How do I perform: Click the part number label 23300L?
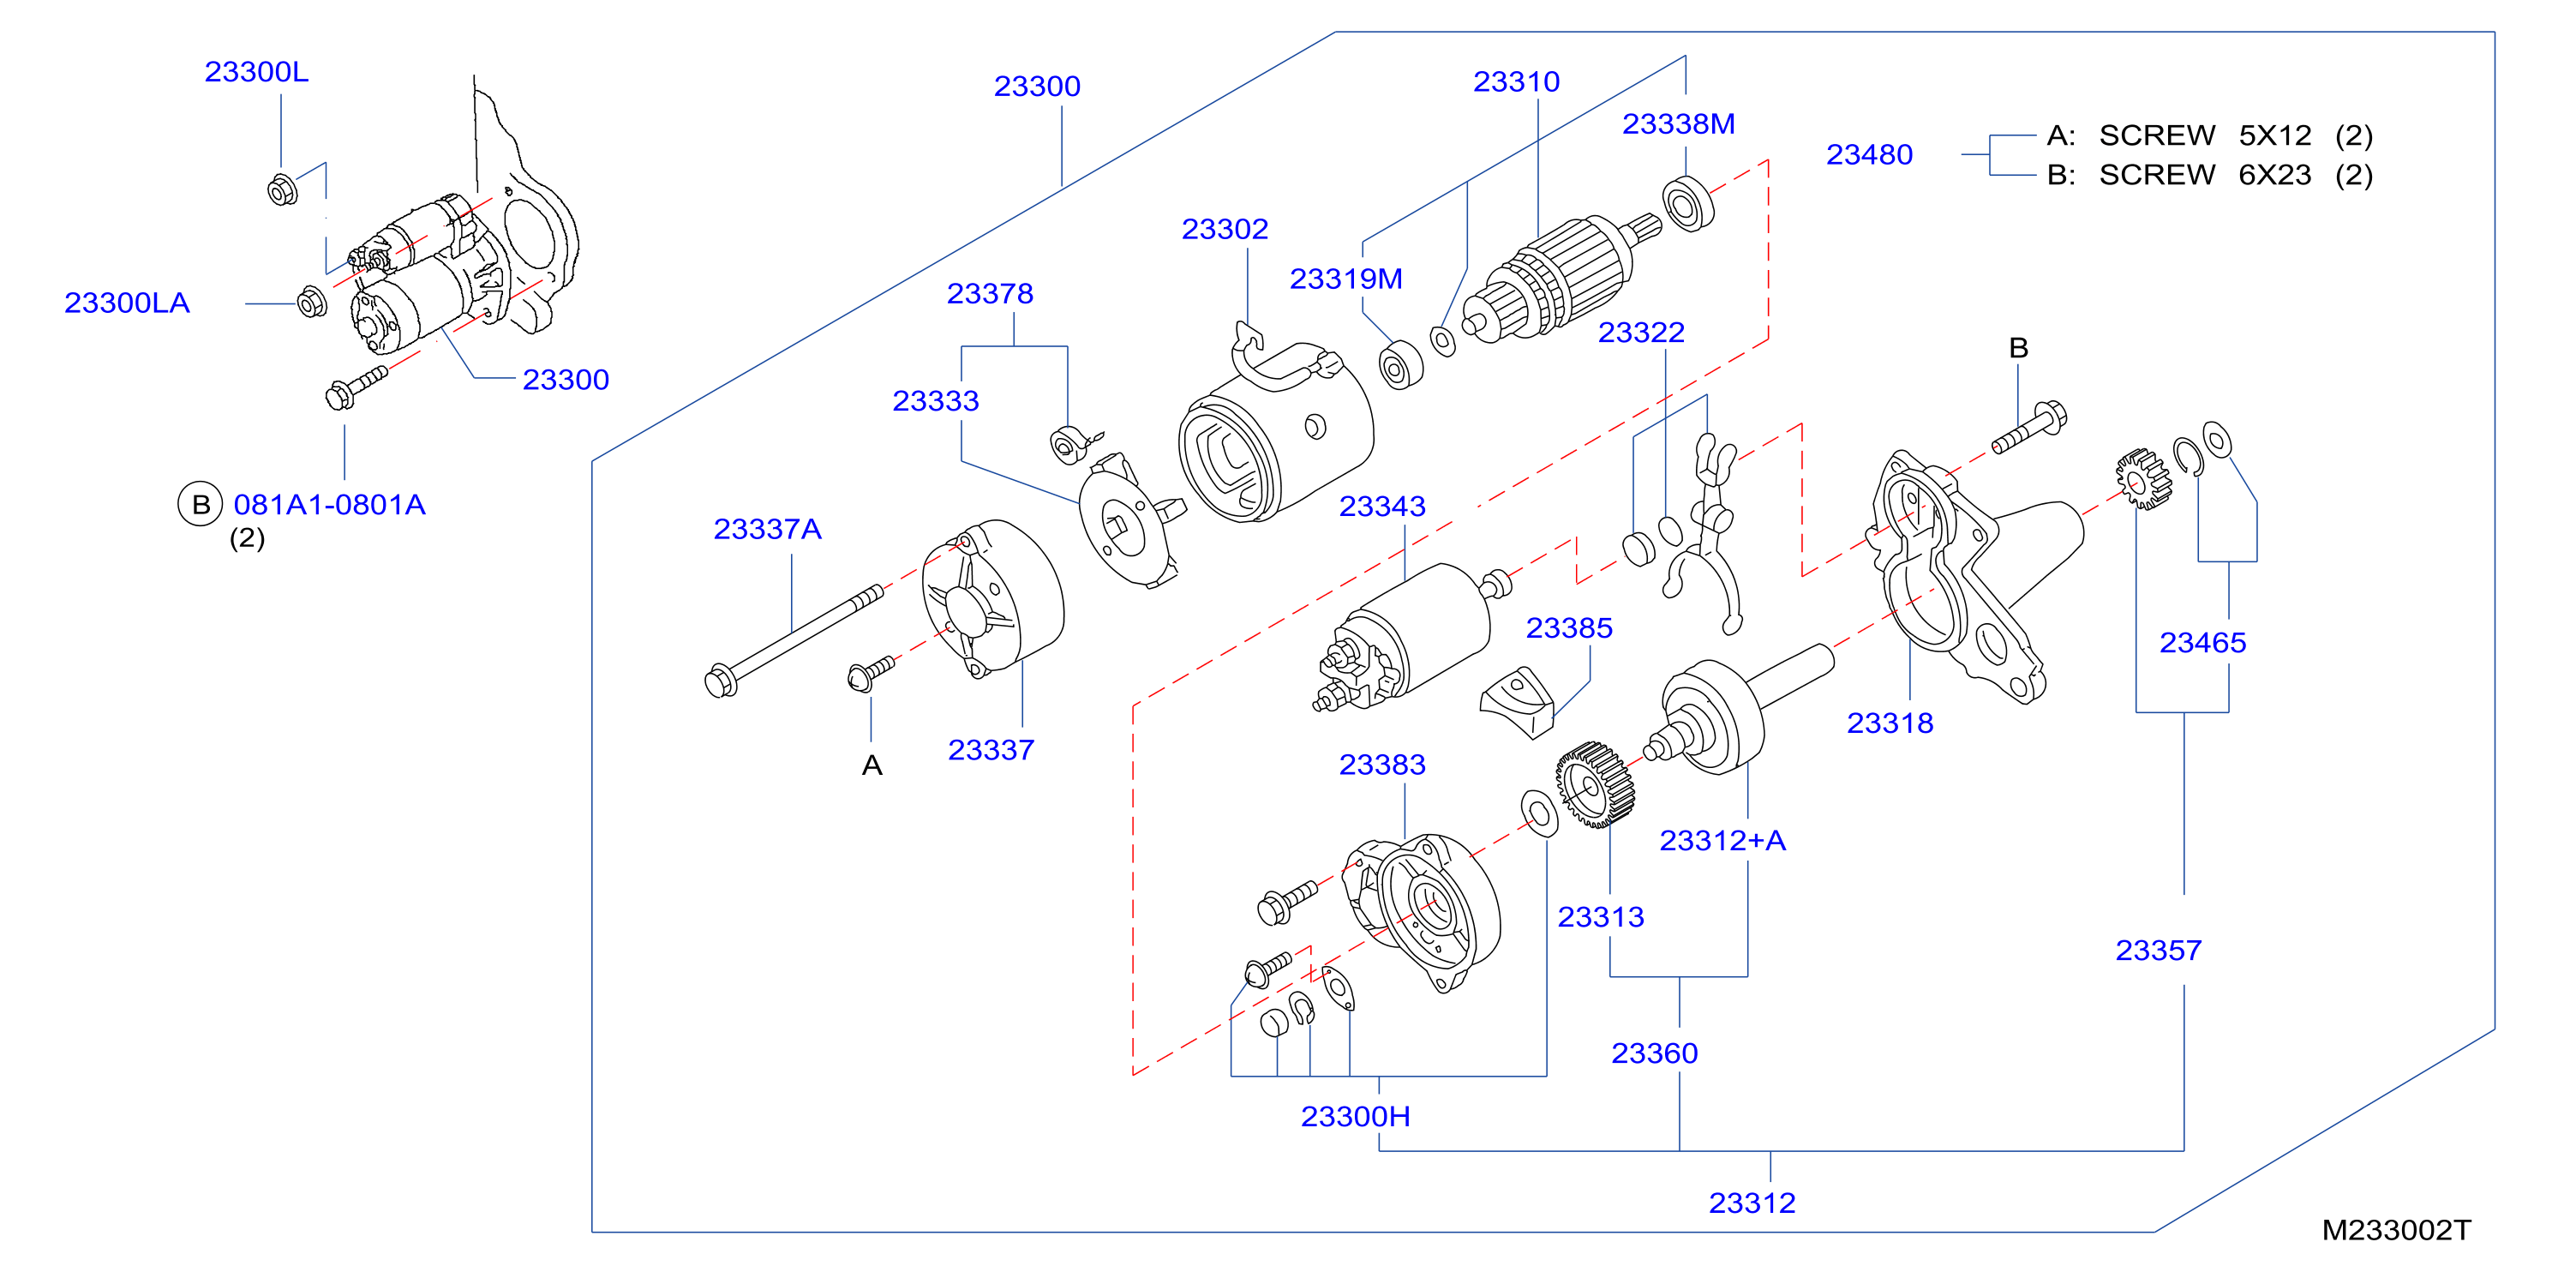[x=256, y=72]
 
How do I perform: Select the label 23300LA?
[x=127, y=303]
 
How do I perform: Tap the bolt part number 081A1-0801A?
[x=329, y=505]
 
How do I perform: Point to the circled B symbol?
[x=200, y=504]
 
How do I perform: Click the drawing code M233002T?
[x=2396, y=1230]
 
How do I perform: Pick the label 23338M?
[x=1678, y=123]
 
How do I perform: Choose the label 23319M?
[x=1346, y=279]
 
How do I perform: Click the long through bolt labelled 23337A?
[x=794, y=640]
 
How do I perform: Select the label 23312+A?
[x=1722, y=840]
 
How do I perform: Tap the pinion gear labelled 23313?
[x=1594, y=784]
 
